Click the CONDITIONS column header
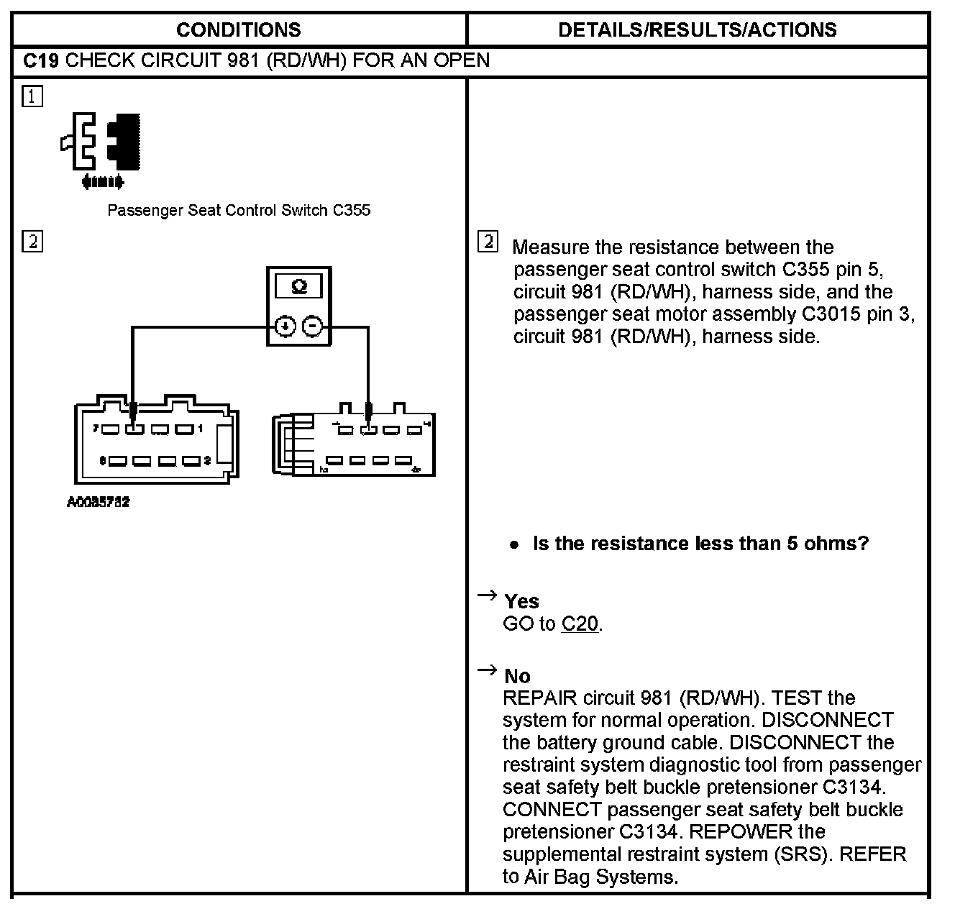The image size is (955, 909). pyautogui.click(x=238, y=29)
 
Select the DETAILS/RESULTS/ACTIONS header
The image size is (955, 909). pyautogui.click(x=697, y=29)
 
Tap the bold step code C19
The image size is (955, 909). pyautogui.click(x=40, y=60)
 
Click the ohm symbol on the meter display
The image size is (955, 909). pyautogui.click(x=299, y=287)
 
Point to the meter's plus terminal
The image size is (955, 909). pyautogui.click(x=285, y=326)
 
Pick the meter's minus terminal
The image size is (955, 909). pyautogui.click(x=312, y=326)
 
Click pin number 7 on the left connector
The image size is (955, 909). pyautogui.click(x=96, y=429)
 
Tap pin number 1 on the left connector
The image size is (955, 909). pyautogui.click(x=201, y=429)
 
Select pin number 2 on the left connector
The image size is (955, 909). pyautogui.click(x=207, y=460)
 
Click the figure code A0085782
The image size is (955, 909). pyautogui.click(x=99, y=503)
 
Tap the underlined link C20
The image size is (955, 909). pyautogui.click(x=580, y=623)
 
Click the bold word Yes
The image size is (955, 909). pyautogui.click(x=521, y=601)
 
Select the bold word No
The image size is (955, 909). pyautogui.click(x=517, y=676)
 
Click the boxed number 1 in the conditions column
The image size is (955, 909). pyautogui.click(x=32, y=96)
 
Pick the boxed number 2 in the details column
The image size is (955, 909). pyautogui.click(x=488, y=242)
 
